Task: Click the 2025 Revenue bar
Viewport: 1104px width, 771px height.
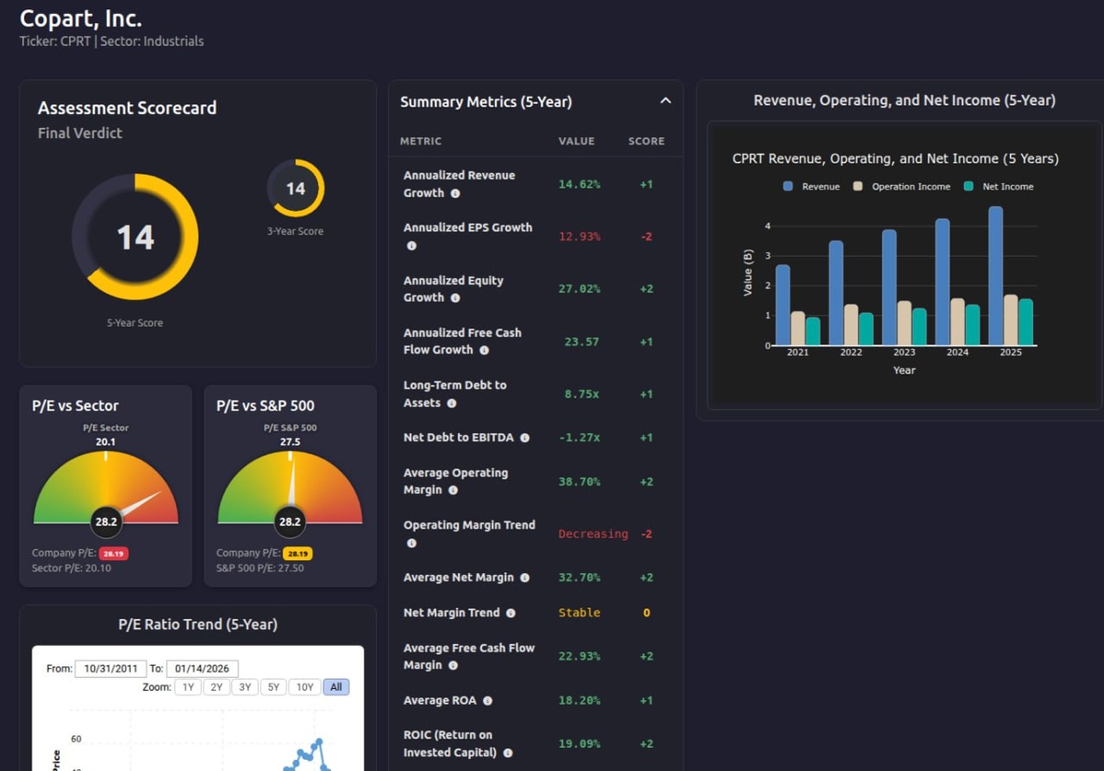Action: [995, 276]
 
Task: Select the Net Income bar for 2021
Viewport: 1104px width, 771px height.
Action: [812, 331]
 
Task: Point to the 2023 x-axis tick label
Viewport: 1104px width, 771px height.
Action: [904, 353]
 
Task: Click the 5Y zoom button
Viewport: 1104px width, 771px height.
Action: [273, 687]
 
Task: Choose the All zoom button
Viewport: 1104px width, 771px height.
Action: [336, 687]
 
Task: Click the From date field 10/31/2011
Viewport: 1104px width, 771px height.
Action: [110, 669]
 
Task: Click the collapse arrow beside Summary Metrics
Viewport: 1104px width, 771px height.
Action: [665, 101]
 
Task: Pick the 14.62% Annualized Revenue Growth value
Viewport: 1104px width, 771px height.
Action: [580, 184]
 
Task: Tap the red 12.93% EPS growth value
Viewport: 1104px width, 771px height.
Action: [580, 236]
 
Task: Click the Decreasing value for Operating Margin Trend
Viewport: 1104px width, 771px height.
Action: [593, 534]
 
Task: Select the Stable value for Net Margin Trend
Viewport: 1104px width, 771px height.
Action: [580, 613]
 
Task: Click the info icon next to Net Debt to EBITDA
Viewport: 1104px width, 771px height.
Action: [524, 438]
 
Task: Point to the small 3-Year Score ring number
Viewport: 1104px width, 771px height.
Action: [295, 189]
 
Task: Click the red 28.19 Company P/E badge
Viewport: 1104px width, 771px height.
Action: [112, 554]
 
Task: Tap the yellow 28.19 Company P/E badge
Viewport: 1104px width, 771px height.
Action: [297, 554]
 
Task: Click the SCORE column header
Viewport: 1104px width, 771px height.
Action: [646, 142]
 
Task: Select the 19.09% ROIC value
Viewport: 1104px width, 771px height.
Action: [580, 743]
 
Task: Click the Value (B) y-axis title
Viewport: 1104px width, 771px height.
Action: [747, 273]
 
